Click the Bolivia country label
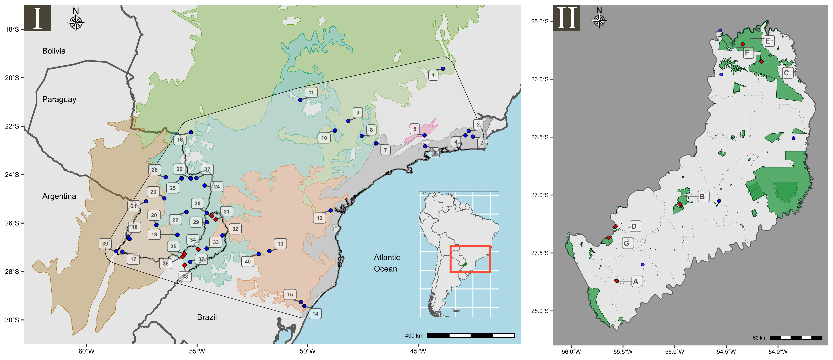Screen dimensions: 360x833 pos(54,51)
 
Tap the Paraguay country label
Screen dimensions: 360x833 pos(59,99)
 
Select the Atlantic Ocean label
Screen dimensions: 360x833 pos(387,263)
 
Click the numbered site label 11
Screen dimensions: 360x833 pos(311,93)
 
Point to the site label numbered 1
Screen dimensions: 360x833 pos(433,75)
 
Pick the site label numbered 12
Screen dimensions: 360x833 pos(319,218)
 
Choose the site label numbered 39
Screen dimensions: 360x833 pos(105,244)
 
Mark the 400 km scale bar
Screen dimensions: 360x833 pos(471,335)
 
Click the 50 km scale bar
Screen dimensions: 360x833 pos(796,338)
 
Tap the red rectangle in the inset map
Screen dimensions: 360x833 pos(470,259)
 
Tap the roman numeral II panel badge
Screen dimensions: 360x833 pos(567,18)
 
